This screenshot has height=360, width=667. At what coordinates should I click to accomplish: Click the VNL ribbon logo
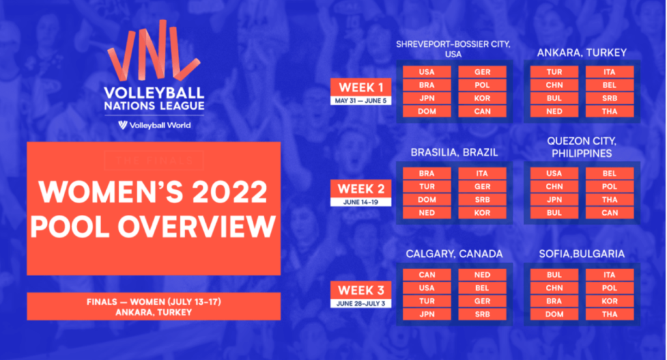tap(153, 51)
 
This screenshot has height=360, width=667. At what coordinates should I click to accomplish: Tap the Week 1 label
tap(361, 87)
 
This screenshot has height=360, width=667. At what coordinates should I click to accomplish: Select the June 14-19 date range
tap(361, 202)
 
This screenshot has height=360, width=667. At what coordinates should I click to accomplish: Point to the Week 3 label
tap(361, 290)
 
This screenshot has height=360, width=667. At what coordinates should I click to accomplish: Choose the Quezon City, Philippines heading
tap(582, 147)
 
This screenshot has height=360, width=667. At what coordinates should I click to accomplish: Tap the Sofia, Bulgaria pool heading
tap(582, 254)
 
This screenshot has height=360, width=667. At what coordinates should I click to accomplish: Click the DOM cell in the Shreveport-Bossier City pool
tap(427, 111)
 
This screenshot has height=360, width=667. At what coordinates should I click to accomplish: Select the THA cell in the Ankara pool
tap(610, 111)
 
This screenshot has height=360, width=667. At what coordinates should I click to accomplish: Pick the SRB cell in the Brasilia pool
tap(483, 200)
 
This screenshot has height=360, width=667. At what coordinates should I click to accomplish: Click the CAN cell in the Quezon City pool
tap(610, 213)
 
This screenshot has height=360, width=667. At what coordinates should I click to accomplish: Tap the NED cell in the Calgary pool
tap(483, 275)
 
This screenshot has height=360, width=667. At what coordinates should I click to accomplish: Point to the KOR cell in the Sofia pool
tap(610, 301)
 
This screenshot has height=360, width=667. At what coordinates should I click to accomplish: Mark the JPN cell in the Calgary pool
tap(427, 314)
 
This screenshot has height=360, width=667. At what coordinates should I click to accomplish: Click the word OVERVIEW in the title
tap(197, 227)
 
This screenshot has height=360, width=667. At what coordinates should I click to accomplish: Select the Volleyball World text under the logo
tap(160, 126)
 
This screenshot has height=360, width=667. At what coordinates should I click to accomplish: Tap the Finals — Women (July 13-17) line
tap(154, 302)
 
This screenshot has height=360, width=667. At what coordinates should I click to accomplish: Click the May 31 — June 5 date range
tap(361, 101)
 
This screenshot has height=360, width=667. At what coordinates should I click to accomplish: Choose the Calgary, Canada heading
tap(454, 254)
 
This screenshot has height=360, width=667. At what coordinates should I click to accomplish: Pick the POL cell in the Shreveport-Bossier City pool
tap(483, 85)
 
